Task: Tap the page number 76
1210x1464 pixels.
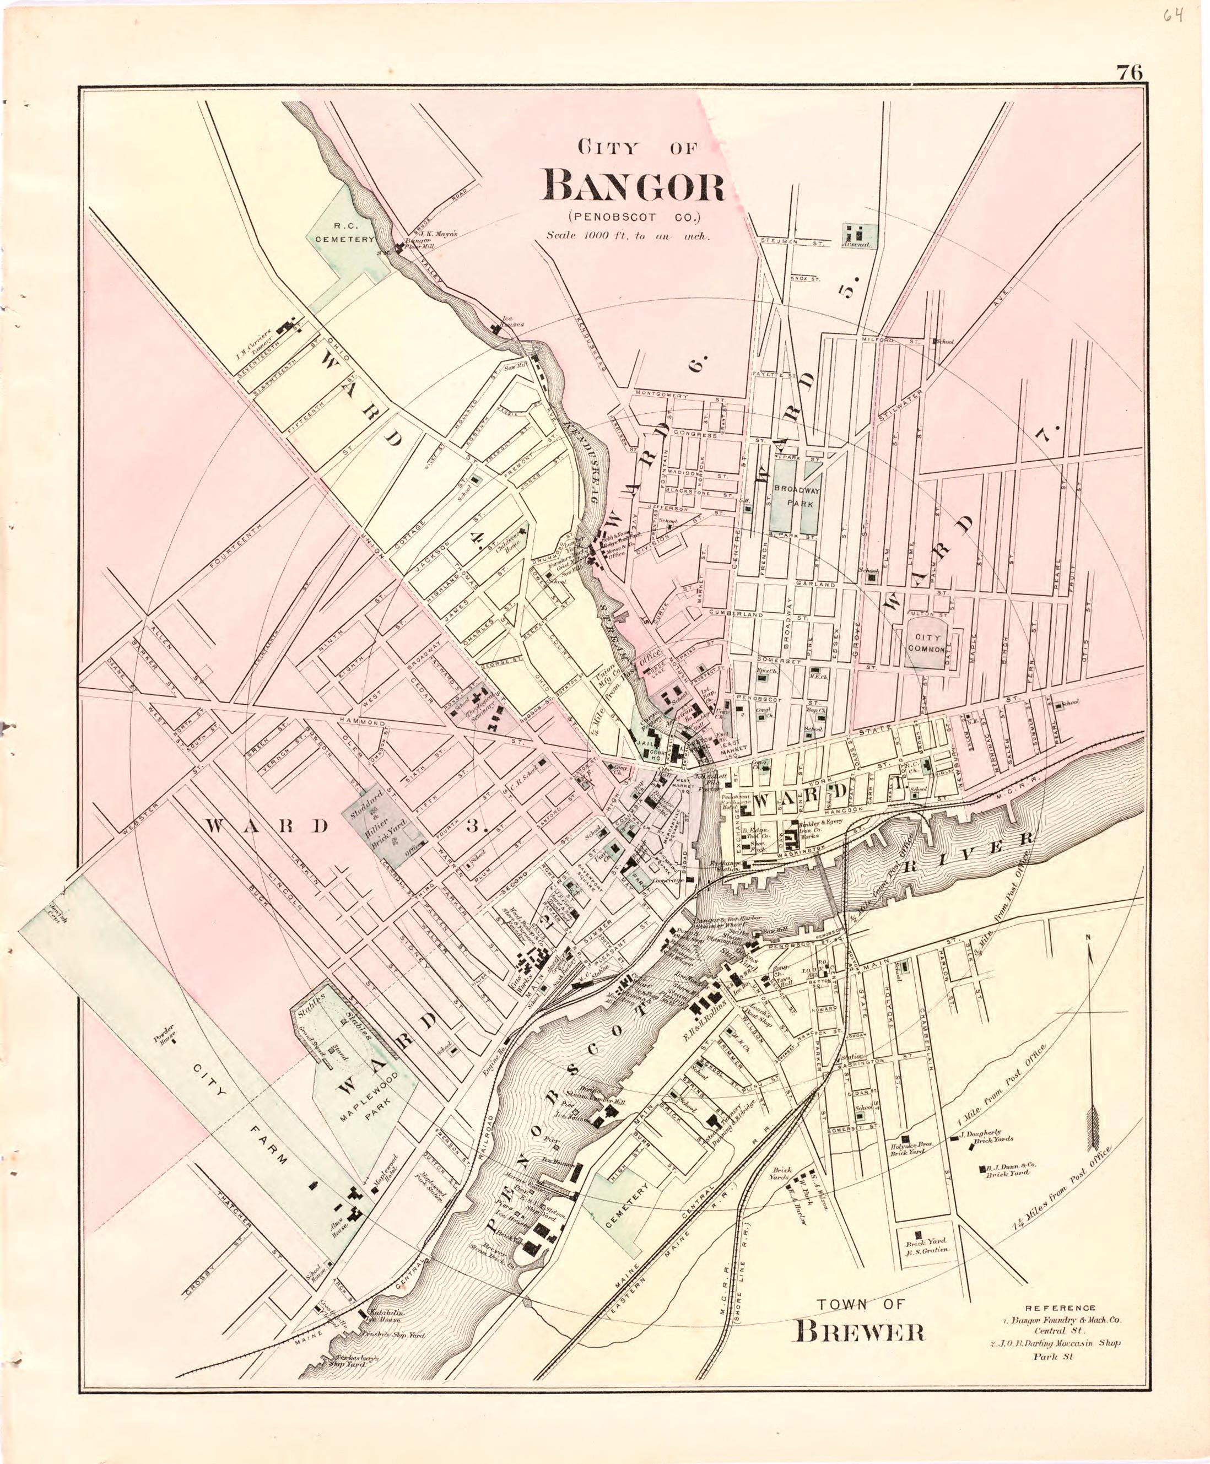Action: [1129, 73]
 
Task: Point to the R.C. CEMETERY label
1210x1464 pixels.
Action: [345, 232]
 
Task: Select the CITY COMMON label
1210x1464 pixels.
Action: [926, 642]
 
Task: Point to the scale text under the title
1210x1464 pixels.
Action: [628, 235]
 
